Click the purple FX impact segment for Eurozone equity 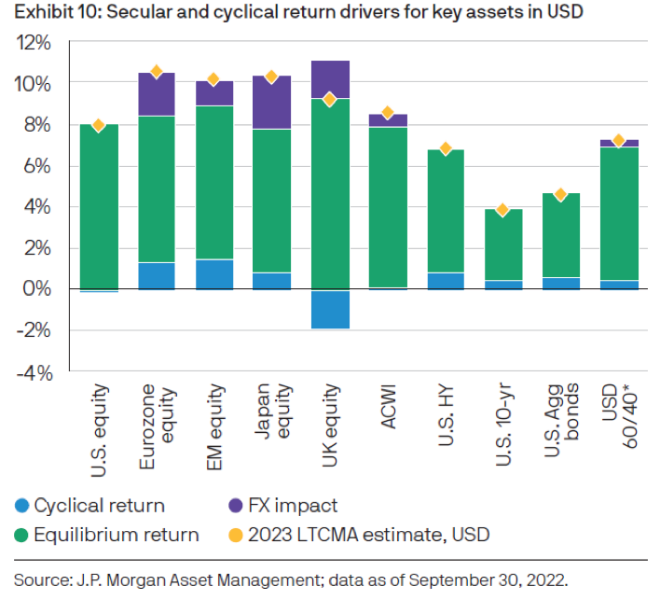[x=157, y=94]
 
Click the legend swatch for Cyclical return [x=20, y=506]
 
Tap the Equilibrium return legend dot [x=20, y=535]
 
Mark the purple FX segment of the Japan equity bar [x=271, y=103]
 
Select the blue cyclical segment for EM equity [x=213, y=274]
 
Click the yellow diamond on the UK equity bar [x=328, y=99]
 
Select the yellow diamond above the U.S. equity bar [x=98, y=125]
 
